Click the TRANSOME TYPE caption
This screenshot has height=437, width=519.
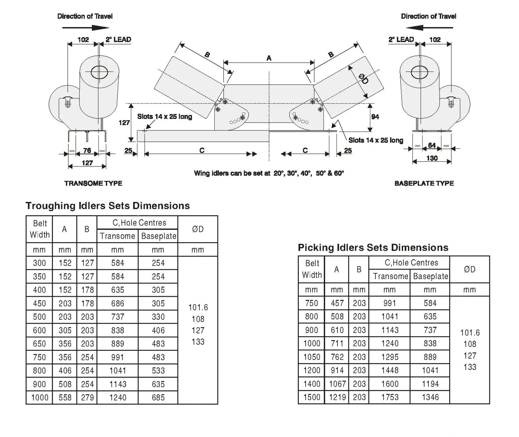point(93,183)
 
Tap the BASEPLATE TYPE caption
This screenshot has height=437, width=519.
point(424,183)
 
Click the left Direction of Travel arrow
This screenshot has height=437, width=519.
point(85,28)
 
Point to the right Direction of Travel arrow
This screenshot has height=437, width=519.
point(429,28)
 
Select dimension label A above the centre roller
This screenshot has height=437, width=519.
point(269,58)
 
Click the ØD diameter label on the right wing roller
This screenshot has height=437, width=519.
point(364,79)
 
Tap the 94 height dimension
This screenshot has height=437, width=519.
point(375,117)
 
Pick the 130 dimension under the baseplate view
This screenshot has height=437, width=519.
point(432,158)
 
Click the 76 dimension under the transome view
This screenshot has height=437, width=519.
point(87,150)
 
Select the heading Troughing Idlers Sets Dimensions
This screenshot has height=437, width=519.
point(108,206)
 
